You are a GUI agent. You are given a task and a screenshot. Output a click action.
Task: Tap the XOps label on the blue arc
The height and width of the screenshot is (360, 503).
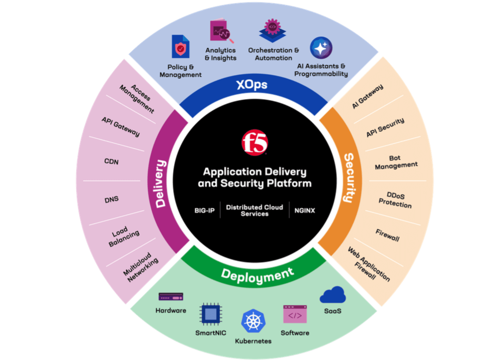251,85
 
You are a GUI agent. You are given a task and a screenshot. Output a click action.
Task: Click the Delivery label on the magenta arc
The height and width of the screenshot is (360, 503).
160,183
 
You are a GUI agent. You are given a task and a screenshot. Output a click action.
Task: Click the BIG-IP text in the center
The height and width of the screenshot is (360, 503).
204,210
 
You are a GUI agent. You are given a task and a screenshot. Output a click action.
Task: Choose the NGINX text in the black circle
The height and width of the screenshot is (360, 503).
304,210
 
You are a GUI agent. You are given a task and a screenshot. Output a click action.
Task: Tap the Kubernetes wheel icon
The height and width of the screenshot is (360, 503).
253,321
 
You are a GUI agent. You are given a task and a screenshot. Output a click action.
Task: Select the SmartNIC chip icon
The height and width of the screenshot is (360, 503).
211,314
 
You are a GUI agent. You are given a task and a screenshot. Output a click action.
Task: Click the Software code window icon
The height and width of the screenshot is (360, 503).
295,314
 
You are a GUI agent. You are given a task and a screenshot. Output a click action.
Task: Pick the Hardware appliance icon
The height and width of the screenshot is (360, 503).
171,297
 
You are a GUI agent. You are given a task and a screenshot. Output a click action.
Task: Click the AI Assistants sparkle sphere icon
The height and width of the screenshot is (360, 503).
321,48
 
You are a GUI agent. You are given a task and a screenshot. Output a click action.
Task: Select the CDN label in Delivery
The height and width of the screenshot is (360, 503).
111,161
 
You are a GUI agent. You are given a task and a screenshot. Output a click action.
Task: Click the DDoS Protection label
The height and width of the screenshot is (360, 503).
395,200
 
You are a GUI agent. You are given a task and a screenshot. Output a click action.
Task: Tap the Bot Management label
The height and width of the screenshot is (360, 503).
396,162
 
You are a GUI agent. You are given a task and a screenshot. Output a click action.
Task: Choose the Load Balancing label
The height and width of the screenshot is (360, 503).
124,236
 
